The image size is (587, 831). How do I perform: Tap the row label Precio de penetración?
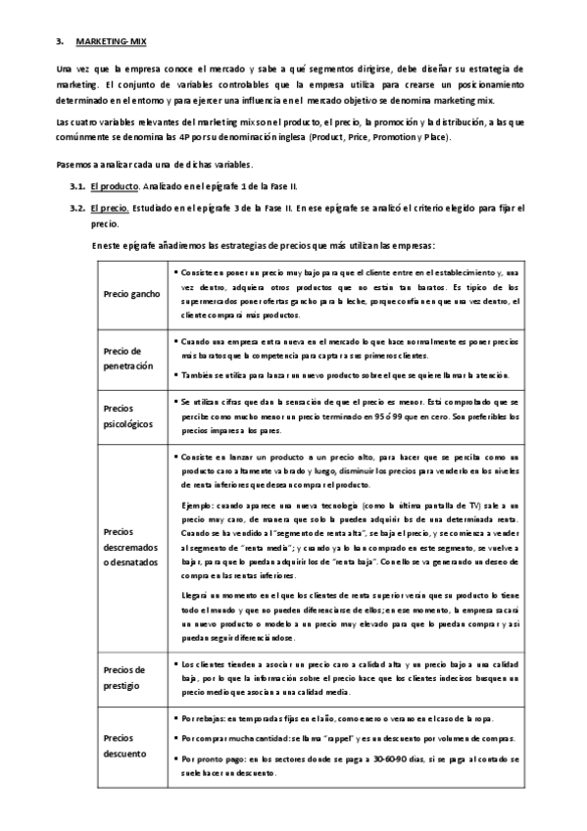(x=128, y=358)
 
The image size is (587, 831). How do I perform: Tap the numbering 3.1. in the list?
(x=77, y=185)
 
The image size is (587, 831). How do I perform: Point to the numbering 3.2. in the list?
(x=77, y=208)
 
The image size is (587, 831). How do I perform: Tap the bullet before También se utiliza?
(x=174, y=374)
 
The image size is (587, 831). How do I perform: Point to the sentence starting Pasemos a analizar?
(x=155, y=163)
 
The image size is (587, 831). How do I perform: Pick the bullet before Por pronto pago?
(x=174, y=758)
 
